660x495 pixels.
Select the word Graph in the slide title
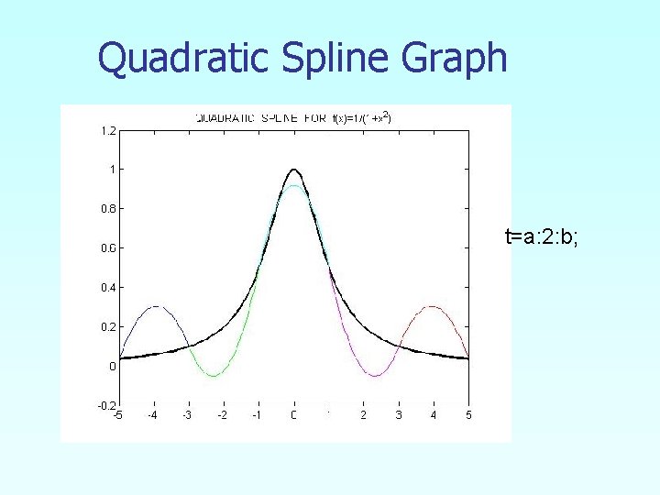pyautogui.click(x=454, y=59)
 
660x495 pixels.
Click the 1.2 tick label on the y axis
pyautogui.click(x=108, y=130)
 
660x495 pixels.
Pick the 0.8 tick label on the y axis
pyautogui.click(x=108, y=208)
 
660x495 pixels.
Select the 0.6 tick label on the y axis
pyautogui.click(x=108, y=247)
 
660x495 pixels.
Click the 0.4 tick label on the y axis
pyautogui.click(x=108, y=287)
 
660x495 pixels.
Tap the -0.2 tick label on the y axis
pyautogui.click(x=106, y=405)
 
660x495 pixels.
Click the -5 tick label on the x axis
pyautogui.click(x=117, y=415)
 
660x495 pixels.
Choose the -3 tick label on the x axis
pyautogui.click(x=187, y=415)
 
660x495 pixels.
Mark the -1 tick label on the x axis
pyautogui.click(x=258, y=415)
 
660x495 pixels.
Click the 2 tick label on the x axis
pyautogui.click(x=364, y=415)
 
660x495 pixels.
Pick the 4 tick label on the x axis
pyautogui.click(x=434, y=415)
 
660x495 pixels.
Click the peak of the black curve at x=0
pyautogui.click(x=293, y=170)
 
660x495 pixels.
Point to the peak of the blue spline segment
pyautogui.click(x=155, y=306)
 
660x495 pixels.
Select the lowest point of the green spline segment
pyautogui.click(x=213, y=376)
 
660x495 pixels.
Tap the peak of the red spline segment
pyautogui.click(x=432, y=306)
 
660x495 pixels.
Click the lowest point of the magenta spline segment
pyautogui.click(x=374, y=376)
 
